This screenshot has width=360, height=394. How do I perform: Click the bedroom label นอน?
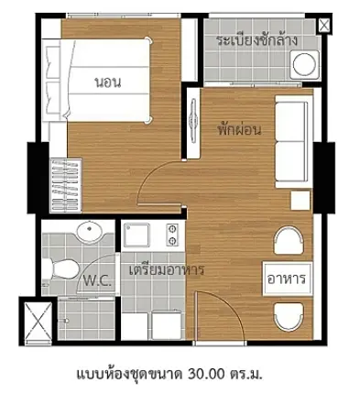[x=108, y=82]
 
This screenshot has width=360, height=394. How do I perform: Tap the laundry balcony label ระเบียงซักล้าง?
[x=257, y=40]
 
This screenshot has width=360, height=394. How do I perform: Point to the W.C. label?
[x=97, y=280]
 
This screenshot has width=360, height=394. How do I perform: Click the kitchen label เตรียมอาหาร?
[x=167, y=270]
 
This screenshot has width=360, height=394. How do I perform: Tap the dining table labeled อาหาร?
[x=287, y=279]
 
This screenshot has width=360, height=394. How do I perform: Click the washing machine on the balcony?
[x=304, y=65]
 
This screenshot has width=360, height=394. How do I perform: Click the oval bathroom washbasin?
[x=90, y=232]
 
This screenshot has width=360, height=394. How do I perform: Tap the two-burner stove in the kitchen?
[x=172, y=235]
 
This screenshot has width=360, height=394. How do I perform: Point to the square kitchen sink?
[x=136, y=235]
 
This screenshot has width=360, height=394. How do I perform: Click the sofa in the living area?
[x=293, y=141]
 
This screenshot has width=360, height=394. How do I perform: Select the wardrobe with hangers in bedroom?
[x=66, y=185]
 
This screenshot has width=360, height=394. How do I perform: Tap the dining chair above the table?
[x=289, y=240]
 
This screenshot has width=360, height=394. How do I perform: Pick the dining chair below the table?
[x=289, y=317]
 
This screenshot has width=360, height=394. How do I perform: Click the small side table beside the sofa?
[x=300, y=201]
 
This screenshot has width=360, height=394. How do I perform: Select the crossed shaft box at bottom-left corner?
[x=38, y=321]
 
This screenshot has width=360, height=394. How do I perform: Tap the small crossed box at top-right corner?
[x=324, y=26]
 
